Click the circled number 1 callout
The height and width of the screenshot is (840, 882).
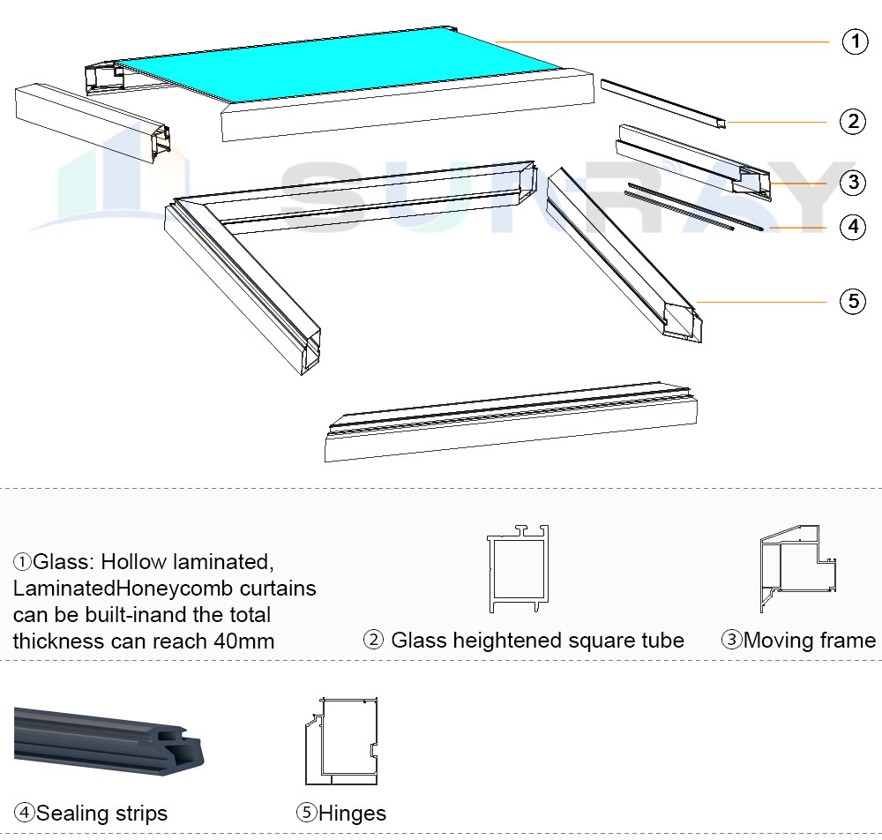[855, 41]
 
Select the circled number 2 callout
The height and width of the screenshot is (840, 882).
[852, 121]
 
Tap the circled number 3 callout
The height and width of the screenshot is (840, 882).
[852, 183]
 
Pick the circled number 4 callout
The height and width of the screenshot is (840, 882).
[852, 227]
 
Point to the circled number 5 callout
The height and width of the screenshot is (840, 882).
[852, 301]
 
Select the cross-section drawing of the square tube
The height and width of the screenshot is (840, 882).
[518, 569]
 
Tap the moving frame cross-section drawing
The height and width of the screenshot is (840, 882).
[797, 568]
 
